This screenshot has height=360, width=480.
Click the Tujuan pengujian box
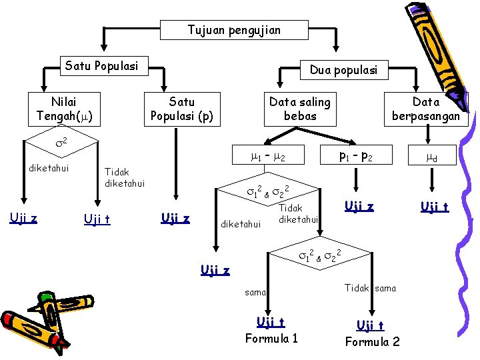tap(234, 30)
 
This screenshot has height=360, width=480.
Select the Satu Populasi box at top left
tap(101, 66)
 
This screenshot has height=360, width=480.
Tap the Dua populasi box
tap(343, 69)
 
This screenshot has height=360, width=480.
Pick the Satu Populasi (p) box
tap(182, 109)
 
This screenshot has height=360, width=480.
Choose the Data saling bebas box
tap(299, 109)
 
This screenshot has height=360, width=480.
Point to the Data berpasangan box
tap(426, 109)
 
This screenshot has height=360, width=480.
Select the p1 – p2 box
tap(355, 158)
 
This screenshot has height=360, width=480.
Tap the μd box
tap(431, 158)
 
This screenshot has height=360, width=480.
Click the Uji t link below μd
tap(434, 207)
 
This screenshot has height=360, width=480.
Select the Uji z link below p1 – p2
tap(359, 207)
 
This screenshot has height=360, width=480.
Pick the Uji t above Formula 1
tap(271, 322)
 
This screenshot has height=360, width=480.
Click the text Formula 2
tap(372, 342)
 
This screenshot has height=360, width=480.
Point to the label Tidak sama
tap(370, 288)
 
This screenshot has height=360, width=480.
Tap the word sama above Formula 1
tap(255, 292)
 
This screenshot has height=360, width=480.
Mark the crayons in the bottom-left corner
tap(47, 320)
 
